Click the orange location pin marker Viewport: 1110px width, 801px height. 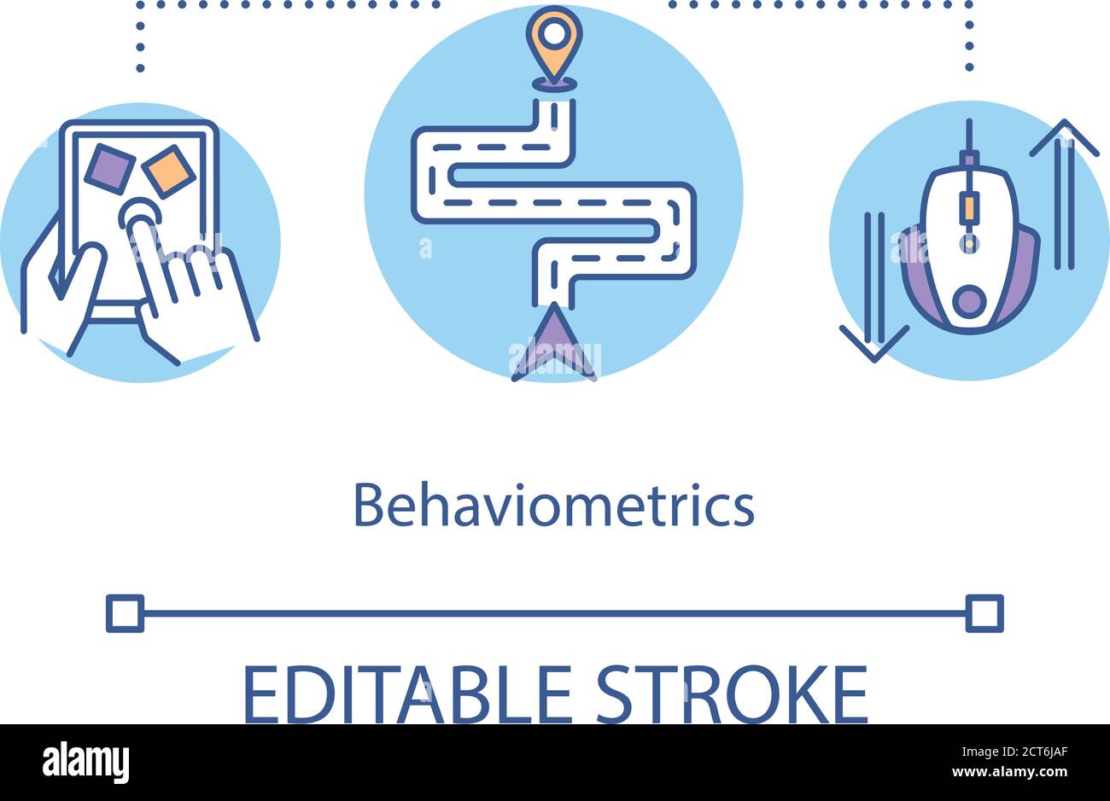coord(554,38)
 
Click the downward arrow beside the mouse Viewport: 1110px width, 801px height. coord(873,290)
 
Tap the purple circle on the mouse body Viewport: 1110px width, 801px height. coord(968,300)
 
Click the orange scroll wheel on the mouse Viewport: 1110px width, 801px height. coord(968,207)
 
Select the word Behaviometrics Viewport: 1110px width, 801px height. coord(553,506)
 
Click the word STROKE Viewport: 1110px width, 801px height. coord(732,694)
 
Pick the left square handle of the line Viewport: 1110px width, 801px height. coord(124,613)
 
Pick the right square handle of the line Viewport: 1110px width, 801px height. coord(984,613)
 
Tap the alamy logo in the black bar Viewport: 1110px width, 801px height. coord(85,762)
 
